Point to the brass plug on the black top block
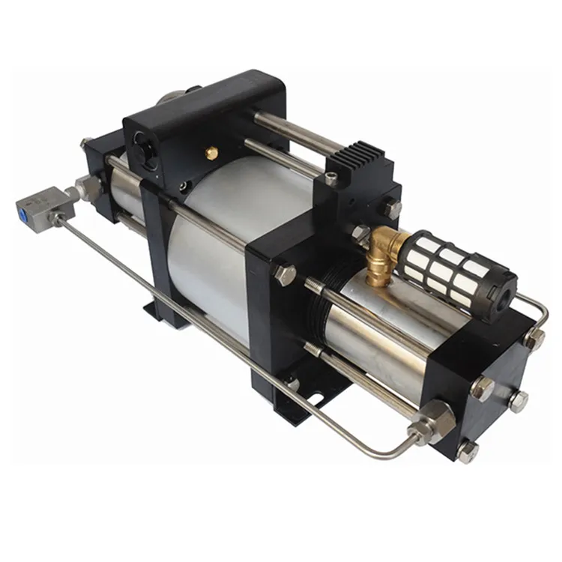212,152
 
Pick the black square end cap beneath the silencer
480,375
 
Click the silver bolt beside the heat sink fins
330,179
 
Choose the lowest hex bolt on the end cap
468,452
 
